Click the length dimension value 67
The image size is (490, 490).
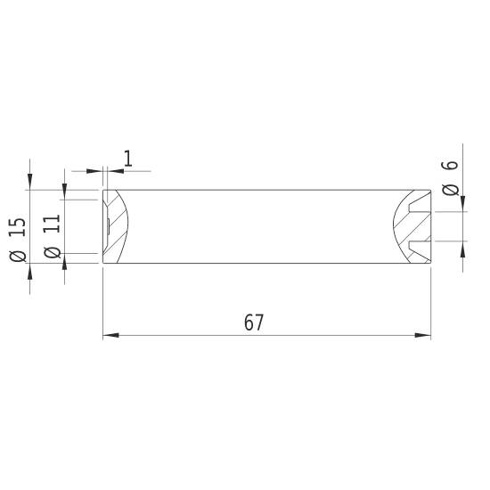click(254, 323)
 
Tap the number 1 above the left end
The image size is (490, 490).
click(127, 159)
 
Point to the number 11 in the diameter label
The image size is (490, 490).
click(52, 222)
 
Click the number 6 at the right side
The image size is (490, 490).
click(450, 166)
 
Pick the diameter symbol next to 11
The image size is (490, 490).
click(52, 253)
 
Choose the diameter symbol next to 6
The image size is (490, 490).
click(450, 189)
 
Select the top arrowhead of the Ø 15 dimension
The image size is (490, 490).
click(29, 184)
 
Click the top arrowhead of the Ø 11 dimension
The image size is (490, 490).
click(64, 193)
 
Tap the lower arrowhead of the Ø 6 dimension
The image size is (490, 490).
click(461, 247)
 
